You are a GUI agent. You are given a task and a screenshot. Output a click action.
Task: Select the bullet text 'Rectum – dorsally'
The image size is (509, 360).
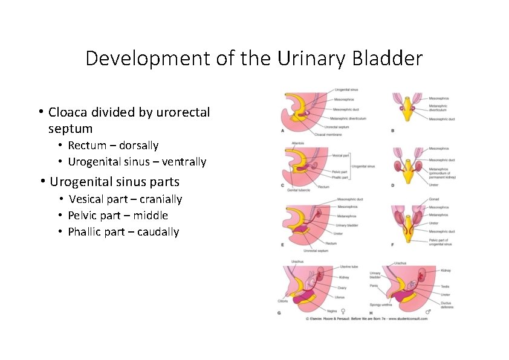point(113,146)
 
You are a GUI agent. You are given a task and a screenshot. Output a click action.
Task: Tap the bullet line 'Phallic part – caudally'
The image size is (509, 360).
point(123,232)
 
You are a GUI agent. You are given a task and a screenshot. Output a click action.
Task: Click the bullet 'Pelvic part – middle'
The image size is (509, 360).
point(118,216)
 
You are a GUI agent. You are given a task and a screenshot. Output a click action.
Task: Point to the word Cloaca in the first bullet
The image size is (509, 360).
point(69,112)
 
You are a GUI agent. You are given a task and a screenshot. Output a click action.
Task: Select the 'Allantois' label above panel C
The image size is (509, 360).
point(297,143)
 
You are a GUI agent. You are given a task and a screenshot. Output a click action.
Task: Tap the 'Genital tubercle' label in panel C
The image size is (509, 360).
point(295,189)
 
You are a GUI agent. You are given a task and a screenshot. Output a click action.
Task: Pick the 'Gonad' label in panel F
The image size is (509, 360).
point(434,199)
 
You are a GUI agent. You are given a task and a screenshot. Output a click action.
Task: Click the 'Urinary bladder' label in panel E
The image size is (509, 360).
point(345,225)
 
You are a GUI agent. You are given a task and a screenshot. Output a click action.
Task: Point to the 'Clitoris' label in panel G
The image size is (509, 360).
point(283,300)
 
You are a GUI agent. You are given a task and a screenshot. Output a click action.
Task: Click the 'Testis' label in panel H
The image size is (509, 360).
point(445,286)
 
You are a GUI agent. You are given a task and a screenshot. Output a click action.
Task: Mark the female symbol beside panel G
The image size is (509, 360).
point(343,312)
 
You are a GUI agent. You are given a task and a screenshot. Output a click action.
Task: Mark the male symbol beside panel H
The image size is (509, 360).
point(428,312)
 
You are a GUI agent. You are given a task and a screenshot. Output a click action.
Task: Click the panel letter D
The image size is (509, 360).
point(393,185)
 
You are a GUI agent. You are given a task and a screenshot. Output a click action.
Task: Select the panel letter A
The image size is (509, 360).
point(283,130)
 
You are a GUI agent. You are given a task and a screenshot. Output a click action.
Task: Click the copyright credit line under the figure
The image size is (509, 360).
point(366,318)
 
